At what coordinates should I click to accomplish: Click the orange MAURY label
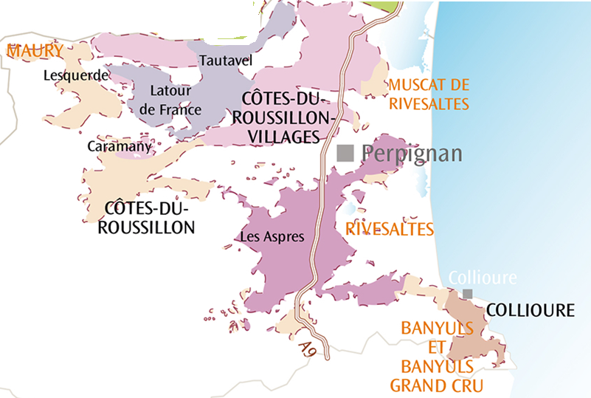pos(35,51)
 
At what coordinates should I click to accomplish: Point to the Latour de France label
pos(170,100)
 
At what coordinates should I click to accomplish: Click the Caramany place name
pos(119,146)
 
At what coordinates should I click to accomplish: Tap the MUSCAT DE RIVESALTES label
pos(429,94)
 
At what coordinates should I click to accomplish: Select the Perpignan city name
pos(412,154)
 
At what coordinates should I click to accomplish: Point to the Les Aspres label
pos(268,237)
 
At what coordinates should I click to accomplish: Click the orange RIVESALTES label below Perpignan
pos(390,230)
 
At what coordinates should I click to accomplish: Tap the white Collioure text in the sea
pos(483,278)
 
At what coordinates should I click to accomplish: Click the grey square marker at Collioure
pos(467,294)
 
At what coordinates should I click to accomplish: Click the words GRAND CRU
pos(436,385)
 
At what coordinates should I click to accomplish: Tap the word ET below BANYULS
pos(437,347)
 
